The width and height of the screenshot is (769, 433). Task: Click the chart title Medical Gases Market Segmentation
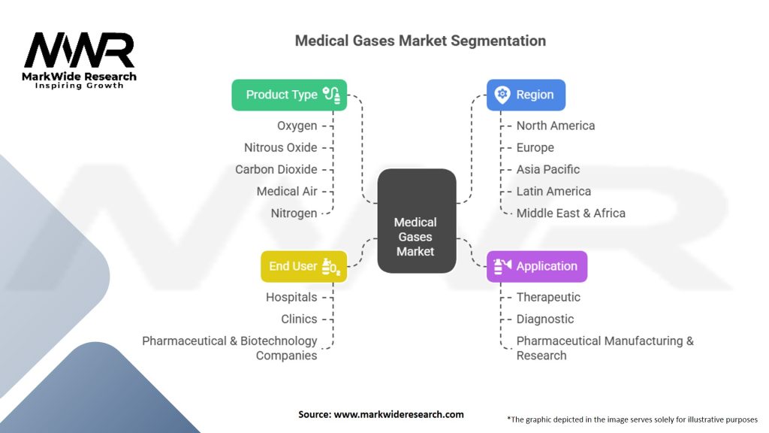click(x=420, y=41)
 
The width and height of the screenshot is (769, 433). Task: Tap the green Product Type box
click(x=289, y=95)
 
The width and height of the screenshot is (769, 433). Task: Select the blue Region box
click(x=526, y=95)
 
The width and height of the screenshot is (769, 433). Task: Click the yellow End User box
click(x=303, y=266)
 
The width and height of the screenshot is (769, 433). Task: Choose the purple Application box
click(x=537, y=266)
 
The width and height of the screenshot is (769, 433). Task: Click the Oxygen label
click(x=297, y=126)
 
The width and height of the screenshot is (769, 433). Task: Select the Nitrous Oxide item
click(x=280, y=147)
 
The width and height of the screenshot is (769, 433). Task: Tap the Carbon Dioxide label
click(x=276, y=169)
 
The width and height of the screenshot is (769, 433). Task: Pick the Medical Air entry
click(x=286, y=191)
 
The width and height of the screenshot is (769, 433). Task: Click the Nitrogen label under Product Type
click(x=294, y=213)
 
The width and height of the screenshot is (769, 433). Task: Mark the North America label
click(x=556, y=126)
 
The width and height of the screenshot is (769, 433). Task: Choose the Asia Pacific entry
click(x=548, y=169)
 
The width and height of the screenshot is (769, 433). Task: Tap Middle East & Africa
click(x=571, y=213)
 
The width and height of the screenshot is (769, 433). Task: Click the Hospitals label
click(x=291, y=297)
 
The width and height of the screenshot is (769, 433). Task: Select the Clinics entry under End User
click(x=299, y=319)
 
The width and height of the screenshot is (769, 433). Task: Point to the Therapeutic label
click(x=548, y=297)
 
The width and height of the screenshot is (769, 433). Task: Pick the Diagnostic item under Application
click(x=545, y=319)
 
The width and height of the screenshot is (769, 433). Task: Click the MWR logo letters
click(x=79, y=51)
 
